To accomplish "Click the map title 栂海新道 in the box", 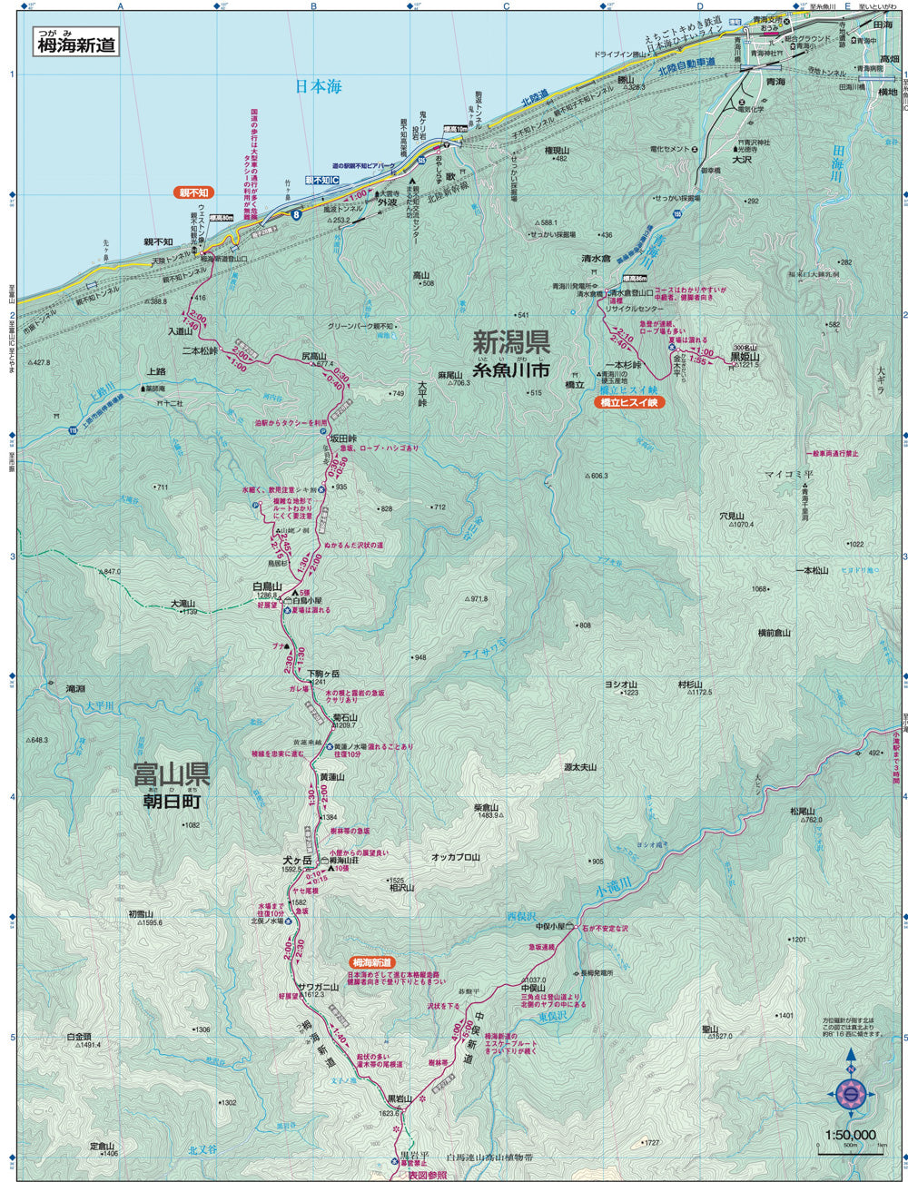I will (77, 44).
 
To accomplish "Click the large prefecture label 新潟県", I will (511, 343).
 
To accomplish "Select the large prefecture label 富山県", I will (172, 775).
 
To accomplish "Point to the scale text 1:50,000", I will (850, 1134).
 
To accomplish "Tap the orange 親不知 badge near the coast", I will (192, 192).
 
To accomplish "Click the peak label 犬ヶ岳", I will (296, 860).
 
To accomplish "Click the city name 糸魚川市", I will (511, 370).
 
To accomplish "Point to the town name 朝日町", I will (172, 803).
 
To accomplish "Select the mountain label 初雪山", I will (143, 913).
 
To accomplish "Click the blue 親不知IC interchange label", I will (321, 181).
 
